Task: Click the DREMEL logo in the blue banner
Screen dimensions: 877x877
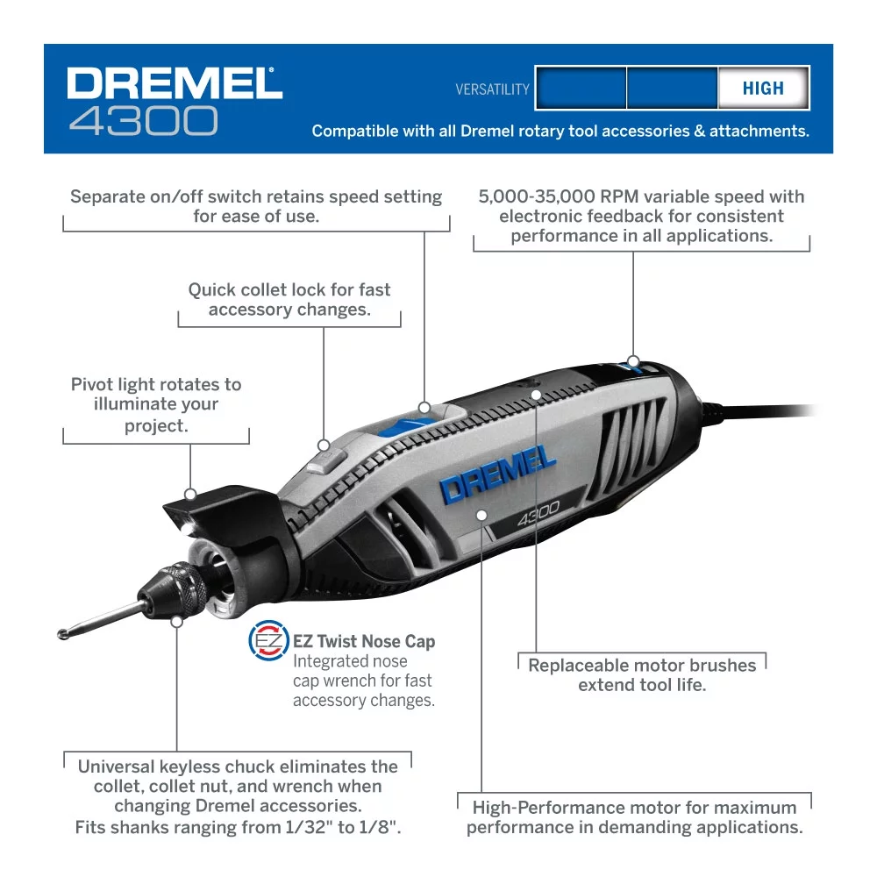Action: pyautogui.click(x=175, y=83)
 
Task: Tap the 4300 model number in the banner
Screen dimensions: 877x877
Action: pyautogui.click(x=143, y=121)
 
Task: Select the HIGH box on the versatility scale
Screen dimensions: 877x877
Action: pyautogui.click(x=762, y=89)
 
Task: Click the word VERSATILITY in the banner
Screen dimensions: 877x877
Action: pyautogui.click(x=492, y=89)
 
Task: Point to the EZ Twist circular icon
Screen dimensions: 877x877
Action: pyautogui.click(x=267, y=640)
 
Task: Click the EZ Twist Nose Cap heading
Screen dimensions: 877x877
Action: pyautogui.click(x=364, y=641)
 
